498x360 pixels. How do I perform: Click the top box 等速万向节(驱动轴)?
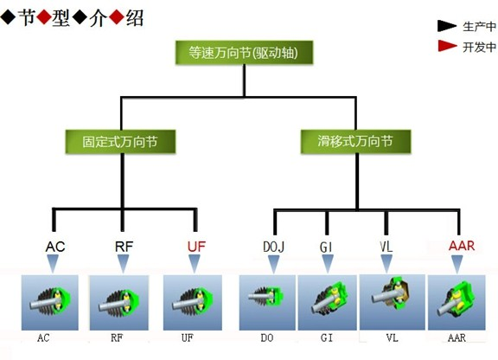244,53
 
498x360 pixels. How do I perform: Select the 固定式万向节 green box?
120,142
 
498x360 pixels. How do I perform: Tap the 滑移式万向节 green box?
355,142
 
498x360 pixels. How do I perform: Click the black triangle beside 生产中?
447,26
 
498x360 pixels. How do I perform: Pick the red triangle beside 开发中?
447,46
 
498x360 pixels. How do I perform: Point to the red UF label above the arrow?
196,247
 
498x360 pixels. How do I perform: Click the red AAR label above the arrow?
462,246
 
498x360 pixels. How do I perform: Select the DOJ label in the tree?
273,247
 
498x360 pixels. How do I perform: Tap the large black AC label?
55,247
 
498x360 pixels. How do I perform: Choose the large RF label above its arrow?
124,247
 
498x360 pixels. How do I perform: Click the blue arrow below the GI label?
328,264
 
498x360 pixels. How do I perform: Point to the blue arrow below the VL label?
386,264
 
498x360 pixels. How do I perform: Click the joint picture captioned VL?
393,302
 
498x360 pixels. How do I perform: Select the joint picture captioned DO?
267,303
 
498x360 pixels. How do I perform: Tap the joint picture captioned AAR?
456,303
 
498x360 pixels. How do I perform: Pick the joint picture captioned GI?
328,303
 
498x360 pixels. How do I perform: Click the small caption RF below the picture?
117,337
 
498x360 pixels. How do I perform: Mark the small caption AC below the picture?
43,337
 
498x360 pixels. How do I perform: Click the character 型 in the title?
61,18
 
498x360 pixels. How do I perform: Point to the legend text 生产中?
479,27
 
